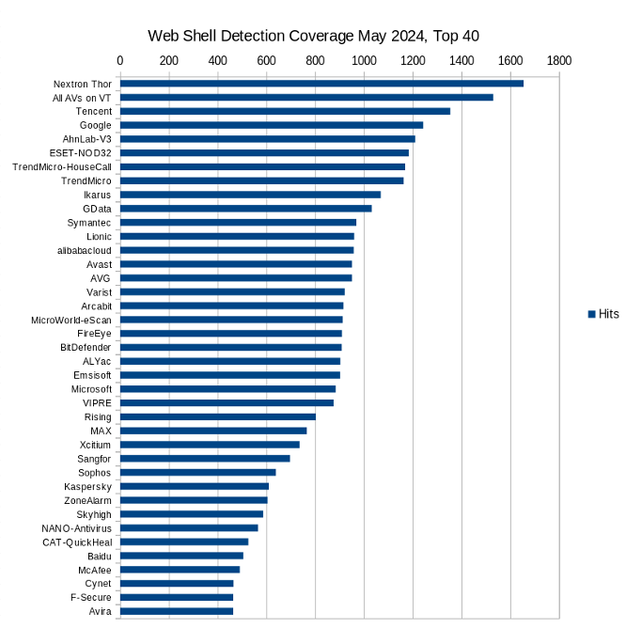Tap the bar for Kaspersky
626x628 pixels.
(195, 486)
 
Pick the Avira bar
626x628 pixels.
(177, 611)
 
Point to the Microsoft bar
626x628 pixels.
(227, 388)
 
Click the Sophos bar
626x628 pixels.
(197, 472)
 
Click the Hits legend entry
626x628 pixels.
(603, 314)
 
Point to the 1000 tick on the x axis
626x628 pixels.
(364, 60)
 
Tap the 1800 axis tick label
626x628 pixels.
(558, 60)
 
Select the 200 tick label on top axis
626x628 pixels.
(168, 60)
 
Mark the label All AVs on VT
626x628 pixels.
(82, 98)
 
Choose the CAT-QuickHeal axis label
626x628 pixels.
(77, 542)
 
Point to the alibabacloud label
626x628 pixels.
(85, 250)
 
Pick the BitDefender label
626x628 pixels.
(86, 347)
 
